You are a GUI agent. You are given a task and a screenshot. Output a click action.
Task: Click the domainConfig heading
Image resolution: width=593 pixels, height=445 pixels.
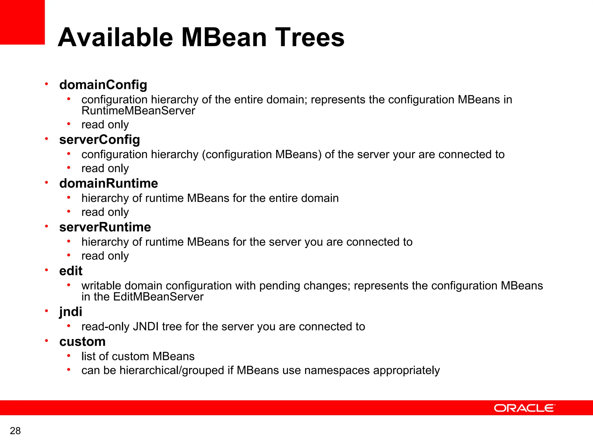click(x=103, y=85)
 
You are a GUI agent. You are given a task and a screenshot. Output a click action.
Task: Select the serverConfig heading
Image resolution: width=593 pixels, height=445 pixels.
click(x=100, y=140)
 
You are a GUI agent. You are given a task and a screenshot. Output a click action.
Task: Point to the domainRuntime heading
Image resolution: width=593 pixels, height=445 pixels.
click(x=109, y=183)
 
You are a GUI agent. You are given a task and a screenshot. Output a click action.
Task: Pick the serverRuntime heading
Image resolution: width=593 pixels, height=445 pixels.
click(x=105, y=227)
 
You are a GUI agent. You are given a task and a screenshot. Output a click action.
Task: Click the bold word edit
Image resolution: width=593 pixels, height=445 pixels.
click(x=71, y=271)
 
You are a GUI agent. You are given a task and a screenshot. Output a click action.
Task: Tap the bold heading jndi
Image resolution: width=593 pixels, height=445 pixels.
click(x=71, y=312)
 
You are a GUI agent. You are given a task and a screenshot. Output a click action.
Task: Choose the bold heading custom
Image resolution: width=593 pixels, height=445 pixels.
click(x=82, y=342)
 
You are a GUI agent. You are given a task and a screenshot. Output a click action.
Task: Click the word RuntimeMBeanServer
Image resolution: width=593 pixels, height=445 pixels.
click(x=138, y=111)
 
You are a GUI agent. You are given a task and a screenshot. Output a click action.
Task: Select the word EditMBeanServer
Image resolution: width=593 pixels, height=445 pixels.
click(x=158, y=297)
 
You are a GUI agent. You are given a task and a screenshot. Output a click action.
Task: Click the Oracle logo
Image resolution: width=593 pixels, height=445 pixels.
click(x=524, y=408)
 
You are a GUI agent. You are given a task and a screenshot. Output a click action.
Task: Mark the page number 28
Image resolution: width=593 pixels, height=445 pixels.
click(x=15, y=431)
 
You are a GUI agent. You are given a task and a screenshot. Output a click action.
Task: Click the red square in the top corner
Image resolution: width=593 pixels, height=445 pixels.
click(x=22, y=22)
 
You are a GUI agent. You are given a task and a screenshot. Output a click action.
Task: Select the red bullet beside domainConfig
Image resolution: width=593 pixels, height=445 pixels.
click(x=46, y=84)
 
